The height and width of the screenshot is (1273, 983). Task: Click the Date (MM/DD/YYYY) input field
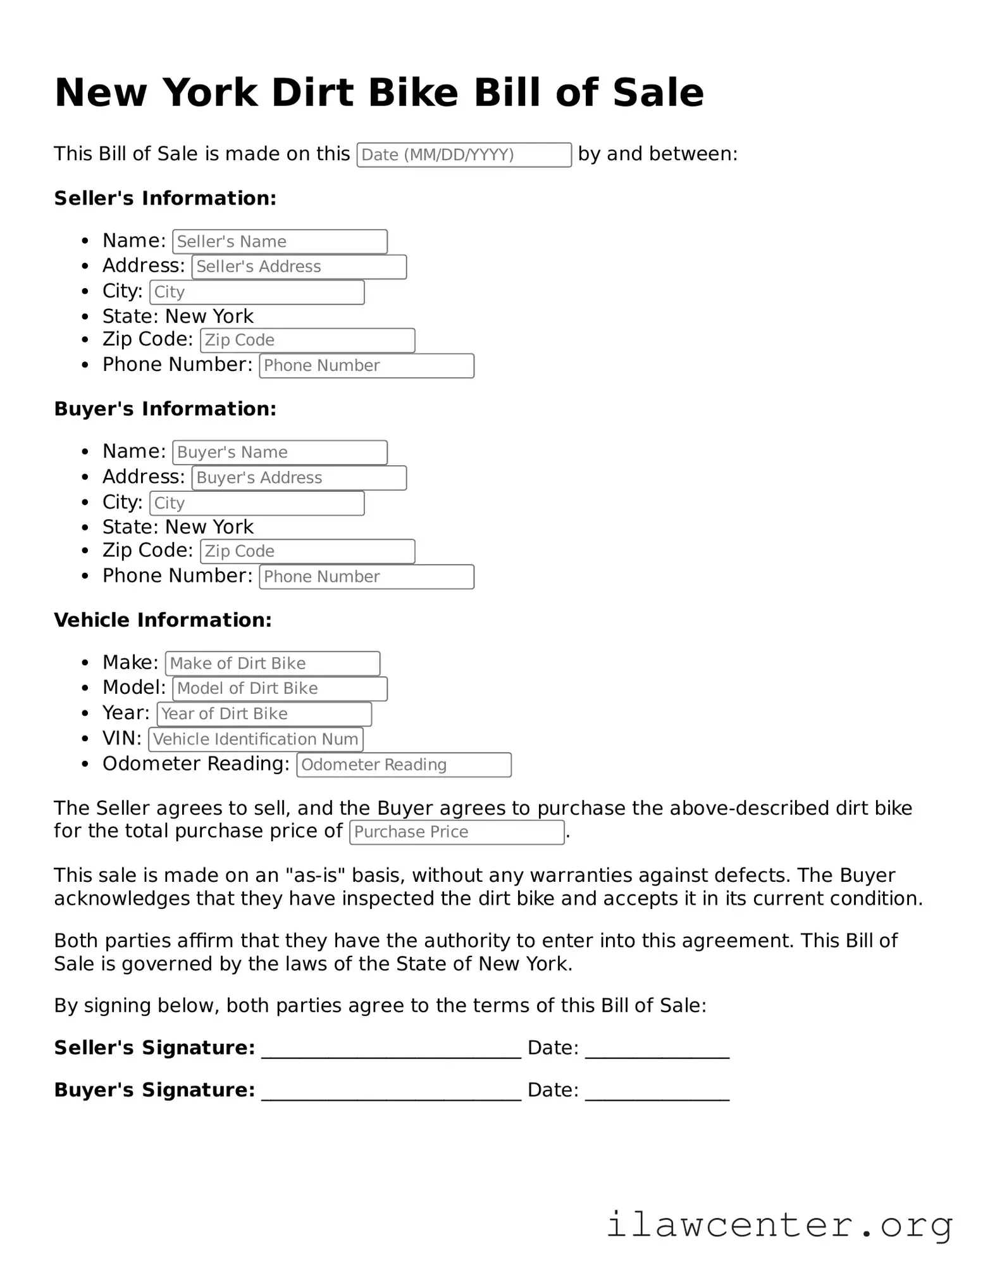[x=464, y=155]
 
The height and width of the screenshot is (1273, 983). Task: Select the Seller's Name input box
[x=280, y=242]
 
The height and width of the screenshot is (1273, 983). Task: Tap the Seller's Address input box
[x=299, y=267]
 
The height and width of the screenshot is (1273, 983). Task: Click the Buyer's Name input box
[x=280, y=453]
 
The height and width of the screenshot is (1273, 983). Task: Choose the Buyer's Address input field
[x=299, y=478]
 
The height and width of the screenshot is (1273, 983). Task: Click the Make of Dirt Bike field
[x=272, y=663]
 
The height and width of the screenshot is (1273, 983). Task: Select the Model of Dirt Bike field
[x=280, y=689]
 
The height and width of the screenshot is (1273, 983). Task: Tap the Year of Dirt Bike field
[x=264, y=714]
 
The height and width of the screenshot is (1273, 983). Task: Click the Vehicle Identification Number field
[x=256, y=739]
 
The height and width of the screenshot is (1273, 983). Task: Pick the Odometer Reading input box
[x=404, y=765]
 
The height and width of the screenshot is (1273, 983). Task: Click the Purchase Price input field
[x=456, y=832]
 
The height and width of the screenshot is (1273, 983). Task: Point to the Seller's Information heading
[x=165, y=199]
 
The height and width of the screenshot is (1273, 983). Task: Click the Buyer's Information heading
[x=165, y=410]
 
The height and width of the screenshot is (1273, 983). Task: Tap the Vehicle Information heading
[x=163, y=620]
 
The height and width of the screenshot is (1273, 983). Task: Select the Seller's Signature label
[x=154, y=1048]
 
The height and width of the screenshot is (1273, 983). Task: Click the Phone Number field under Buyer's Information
[x=366, y=577]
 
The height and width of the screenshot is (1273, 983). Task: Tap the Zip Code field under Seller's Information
[x=307, y=341]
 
